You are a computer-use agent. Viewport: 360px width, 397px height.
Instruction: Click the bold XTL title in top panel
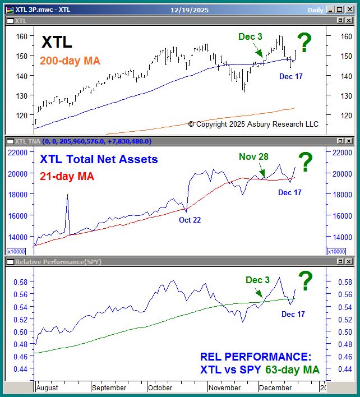click(x=57, y=43)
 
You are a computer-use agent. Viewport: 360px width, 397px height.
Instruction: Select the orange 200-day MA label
click(x=70, y=61)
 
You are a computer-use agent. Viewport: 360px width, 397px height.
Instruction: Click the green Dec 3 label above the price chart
click(x=250, y=37)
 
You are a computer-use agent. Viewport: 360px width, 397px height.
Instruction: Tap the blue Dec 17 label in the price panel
click(x=290, y=76)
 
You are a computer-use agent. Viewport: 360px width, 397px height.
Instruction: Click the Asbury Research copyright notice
click(x=253, y=124)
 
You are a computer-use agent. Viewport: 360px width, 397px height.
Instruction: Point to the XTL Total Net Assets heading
click(x=99, y=160)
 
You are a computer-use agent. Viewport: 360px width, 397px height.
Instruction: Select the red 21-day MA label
click(x=67, y=176)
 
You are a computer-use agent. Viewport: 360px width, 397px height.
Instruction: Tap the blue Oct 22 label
click(x=190, y=220)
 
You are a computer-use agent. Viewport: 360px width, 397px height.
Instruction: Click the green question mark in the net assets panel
click(x=305, y=163)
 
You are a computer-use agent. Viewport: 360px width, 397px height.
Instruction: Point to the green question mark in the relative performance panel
click(x=305, y=281)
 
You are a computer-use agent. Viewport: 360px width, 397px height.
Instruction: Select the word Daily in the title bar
click(x=315, y=10)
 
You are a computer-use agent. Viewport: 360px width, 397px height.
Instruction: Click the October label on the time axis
click(x=161, y=387)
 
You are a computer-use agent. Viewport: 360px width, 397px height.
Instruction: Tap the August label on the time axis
click(x=47, y=387)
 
